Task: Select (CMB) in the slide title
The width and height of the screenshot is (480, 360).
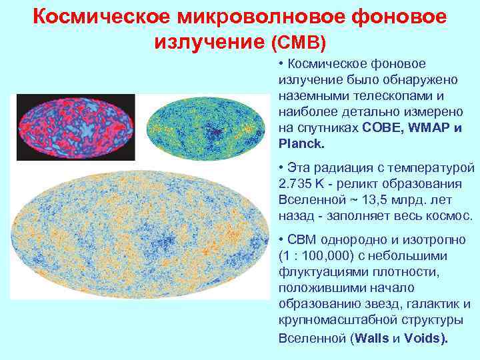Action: coord(299,43)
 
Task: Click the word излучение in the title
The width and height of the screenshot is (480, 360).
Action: coord(210,43)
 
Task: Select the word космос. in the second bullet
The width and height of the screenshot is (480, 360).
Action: coord(447,215)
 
